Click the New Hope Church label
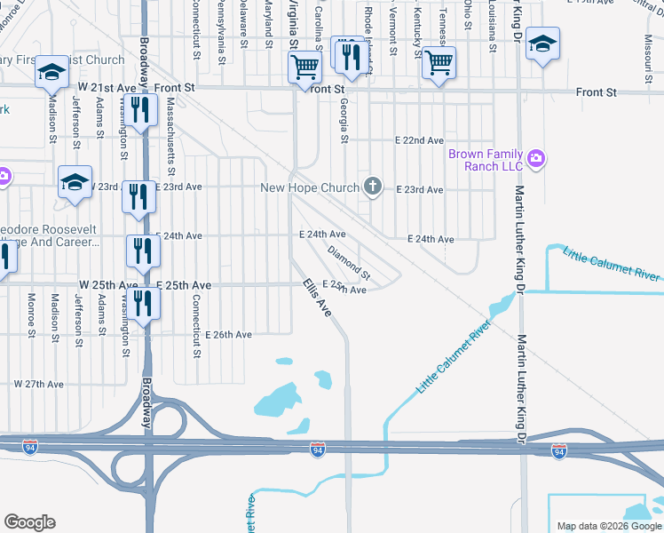pyautogui.click(x=309, y=187)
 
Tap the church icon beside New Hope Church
pyautogui.click(x=374, y=187)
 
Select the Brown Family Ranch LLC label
pyautogui.click(x=486, y=160)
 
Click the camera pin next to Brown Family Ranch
pyautogui.click(x=535, y=159)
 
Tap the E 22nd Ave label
pyautogui.click(x=419, y=140)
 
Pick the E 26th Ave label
pyautogui.click(x=229, y=335)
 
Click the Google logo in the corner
pyautogui.click(x=29, y=522)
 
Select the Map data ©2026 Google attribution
pyautogui.click(x=608, y=526)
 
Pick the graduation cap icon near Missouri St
pyautogui.click(x=541, y=44)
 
